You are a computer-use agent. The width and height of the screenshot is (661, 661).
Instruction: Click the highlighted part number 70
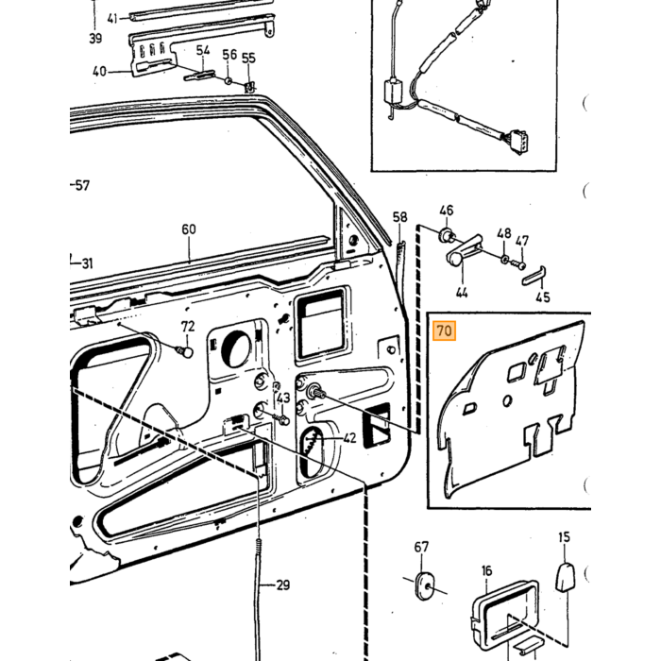(445, 330)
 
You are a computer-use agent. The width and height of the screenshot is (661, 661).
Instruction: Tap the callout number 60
(189, 229)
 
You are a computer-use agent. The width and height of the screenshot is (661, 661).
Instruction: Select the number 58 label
(399, 217)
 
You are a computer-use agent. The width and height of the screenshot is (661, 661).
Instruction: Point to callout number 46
(447, 211)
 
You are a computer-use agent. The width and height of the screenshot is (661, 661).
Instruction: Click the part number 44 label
(462, 292)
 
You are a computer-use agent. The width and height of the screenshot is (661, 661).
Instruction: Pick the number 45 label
(543, 297)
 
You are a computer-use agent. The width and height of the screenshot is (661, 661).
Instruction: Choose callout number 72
(188, 327)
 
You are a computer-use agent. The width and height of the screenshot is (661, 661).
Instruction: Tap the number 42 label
(349, 438)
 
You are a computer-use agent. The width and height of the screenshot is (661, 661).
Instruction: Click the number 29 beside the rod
(283, 585)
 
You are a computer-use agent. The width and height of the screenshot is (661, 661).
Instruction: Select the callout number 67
(421, 547)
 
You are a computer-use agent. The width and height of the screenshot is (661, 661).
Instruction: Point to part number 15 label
(564, 537)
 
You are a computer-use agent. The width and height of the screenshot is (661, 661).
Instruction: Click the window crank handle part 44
(464, 250)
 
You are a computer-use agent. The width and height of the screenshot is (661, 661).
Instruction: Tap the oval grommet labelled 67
(423, 585)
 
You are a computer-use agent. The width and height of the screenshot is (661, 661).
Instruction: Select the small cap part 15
(565, 576)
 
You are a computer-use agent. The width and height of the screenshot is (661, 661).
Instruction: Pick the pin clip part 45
(534, 276)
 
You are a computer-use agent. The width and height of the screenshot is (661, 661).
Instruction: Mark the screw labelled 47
(517, 264)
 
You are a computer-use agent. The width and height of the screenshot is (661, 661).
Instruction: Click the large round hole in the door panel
(235, 349)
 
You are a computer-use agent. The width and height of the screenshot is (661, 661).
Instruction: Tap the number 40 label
(99, 71)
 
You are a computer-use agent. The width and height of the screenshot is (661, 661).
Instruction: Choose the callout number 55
(248, 58)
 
